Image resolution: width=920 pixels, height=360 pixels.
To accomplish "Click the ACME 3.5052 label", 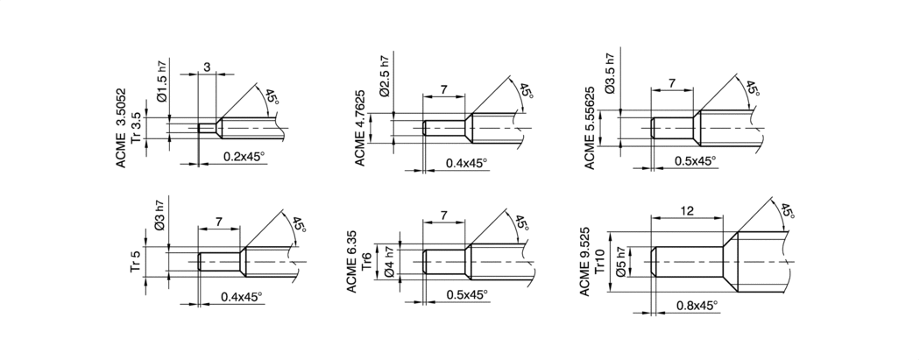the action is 121,128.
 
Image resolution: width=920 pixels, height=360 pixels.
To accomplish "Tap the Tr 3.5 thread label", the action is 136,129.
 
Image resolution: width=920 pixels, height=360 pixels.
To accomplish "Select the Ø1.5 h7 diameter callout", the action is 162,81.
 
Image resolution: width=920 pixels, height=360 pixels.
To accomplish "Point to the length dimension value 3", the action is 207,67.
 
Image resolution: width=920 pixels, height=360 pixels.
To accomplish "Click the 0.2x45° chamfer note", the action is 244,157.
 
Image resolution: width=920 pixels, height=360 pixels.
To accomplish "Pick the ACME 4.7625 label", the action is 360,127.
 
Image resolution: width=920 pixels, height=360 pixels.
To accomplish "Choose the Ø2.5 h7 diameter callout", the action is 384,76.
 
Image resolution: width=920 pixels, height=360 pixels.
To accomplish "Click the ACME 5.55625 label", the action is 589,128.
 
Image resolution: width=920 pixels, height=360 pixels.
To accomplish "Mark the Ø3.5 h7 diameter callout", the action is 610,74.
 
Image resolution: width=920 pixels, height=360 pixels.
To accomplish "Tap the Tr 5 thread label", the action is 136,262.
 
